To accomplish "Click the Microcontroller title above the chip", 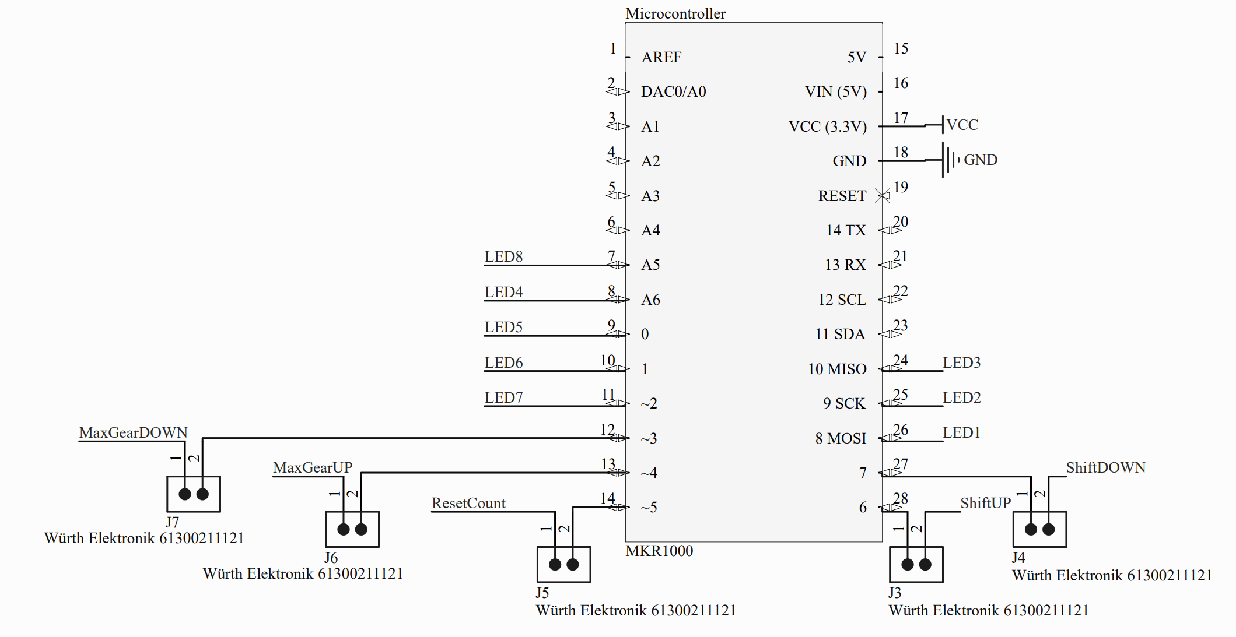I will pyautogui.click(x=675, y=13).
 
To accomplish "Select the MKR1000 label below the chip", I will pyautogui.click(x=659, y=551).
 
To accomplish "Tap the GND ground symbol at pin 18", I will pyautogui.click(x=950, y=160).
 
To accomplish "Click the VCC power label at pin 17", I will pyautogui.click(x=962, y=125).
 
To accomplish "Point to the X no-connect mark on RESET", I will pyautogui.click(x=883, y=196).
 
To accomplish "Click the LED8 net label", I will pyautogui.click(x=503, y=256).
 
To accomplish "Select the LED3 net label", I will pyautogui.click(x=961, y=363).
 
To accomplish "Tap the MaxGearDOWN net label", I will pyautogui.click(x=133, y=432).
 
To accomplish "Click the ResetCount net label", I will pyautogui.click(x=468, y=503).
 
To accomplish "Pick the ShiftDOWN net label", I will pyautogui.click(x=1105, y=467).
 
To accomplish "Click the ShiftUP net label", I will pyautogui.click(x=985, y=503).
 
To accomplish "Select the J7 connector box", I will pyautogui.click(x=193, y=494).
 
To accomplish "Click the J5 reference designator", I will pyautogui.click(x=542, y=593).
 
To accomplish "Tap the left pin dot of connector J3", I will pyautogui.click(x=907, y=564).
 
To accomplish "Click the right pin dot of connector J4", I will pyautogui.click(x=1048, y=529).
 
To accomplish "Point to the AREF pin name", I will pyautogui.click(x=661, y=57).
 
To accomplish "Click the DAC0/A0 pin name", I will pyautogui.click(x=673, y=91).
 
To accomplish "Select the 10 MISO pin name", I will pyautogui.click(x=836, y=369).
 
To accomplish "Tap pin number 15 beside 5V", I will pyautogui.click(x=901, y=48).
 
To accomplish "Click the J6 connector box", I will pyautogui.click(x=352, y=529).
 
